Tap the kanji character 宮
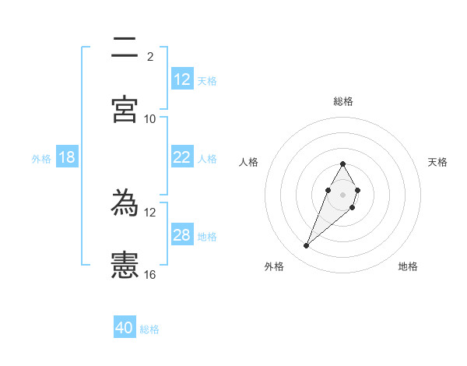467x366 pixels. point(125,110)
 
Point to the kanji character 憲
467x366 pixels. point(125,266)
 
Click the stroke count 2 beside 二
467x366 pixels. point(150,56)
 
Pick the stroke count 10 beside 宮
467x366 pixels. point(150,118)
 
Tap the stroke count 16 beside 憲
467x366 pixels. point(150,274)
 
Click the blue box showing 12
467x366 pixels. point(182,79)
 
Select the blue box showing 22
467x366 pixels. point(182,157)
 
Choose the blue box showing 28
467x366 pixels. point(182,235)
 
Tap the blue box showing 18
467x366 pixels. point(67,157)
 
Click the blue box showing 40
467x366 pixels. point(125,328)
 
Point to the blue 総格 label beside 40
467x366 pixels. point(149,329)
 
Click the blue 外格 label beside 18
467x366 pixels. point(41,159)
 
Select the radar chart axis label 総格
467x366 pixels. point(342,101)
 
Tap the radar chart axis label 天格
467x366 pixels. point(437,162)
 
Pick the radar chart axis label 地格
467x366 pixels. point(408,266)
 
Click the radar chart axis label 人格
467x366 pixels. point(249,162)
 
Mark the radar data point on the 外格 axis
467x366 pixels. point(306,246)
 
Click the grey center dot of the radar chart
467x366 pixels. point(342,194)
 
